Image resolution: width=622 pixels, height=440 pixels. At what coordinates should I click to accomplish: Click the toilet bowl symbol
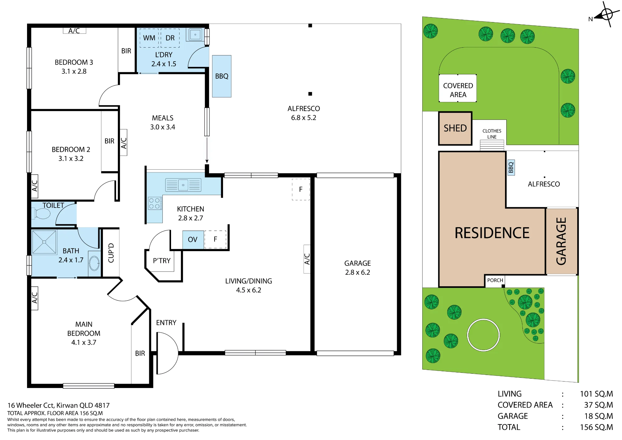(41, 214)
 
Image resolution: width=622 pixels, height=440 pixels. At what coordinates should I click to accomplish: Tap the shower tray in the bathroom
(44, 242)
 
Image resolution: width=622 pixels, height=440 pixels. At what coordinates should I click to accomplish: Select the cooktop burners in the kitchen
(154, 203)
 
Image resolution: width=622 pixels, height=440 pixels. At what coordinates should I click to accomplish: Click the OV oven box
(193, 240)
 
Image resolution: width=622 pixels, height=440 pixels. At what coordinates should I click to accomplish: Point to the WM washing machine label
(149, 38)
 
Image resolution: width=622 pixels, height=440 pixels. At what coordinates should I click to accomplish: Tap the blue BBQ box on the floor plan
(222, 76)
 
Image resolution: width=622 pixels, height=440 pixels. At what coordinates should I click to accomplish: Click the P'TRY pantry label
(162, 261)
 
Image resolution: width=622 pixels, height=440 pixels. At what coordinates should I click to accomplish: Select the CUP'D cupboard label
(111, 253)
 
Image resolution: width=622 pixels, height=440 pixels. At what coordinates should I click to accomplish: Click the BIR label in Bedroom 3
(126, 51)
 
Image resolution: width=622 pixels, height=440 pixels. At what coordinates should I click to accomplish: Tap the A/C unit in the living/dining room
(307, 259)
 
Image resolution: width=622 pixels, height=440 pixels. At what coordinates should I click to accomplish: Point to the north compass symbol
(605, 15)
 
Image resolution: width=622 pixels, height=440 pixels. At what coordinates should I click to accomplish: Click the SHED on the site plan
(455, 128)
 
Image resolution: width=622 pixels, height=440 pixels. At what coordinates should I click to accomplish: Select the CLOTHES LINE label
(492, 134)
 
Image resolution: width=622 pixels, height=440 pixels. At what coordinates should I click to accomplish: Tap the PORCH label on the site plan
(495, 280)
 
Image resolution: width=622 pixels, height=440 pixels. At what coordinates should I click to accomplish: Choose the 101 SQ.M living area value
(596, 394)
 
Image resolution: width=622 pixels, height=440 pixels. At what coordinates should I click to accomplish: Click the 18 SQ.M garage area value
(599, 416)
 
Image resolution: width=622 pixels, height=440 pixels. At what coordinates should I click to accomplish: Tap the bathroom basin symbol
(94, 264)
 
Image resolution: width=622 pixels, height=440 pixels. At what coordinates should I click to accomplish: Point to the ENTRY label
(166, 323)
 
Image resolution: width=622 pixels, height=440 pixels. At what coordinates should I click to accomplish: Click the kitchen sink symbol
(183, 185)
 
